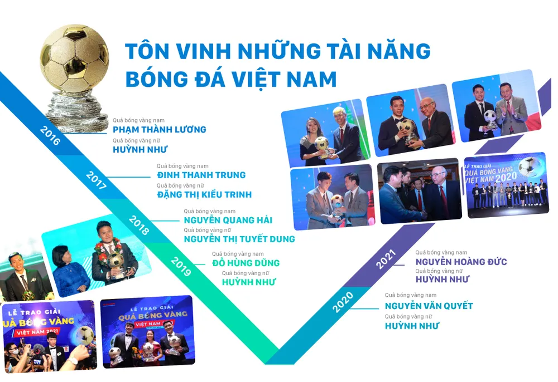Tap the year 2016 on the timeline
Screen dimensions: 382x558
tap(50, 136)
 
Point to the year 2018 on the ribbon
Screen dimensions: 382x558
tap(138, 224)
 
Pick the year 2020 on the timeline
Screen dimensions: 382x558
tap(343, 302)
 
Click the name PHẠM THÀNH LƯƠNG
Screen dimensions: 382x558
tap(159, 130)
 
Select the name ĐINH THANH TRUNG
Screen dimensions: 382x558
tap(201, 175)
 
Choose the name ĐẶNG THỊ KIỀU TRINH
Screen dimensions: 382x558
tap(204, 194)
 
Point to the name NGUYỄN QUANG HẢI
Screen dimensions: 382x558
tap(228, 220)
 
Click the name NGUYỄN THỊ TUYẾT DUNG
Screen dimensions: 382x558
tap(239, 239)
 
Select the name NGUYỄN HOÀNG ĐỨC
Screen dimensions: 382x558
tap(461, 262)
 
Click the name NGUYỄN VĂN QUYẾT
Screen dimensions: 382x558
tap(429, 306)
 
